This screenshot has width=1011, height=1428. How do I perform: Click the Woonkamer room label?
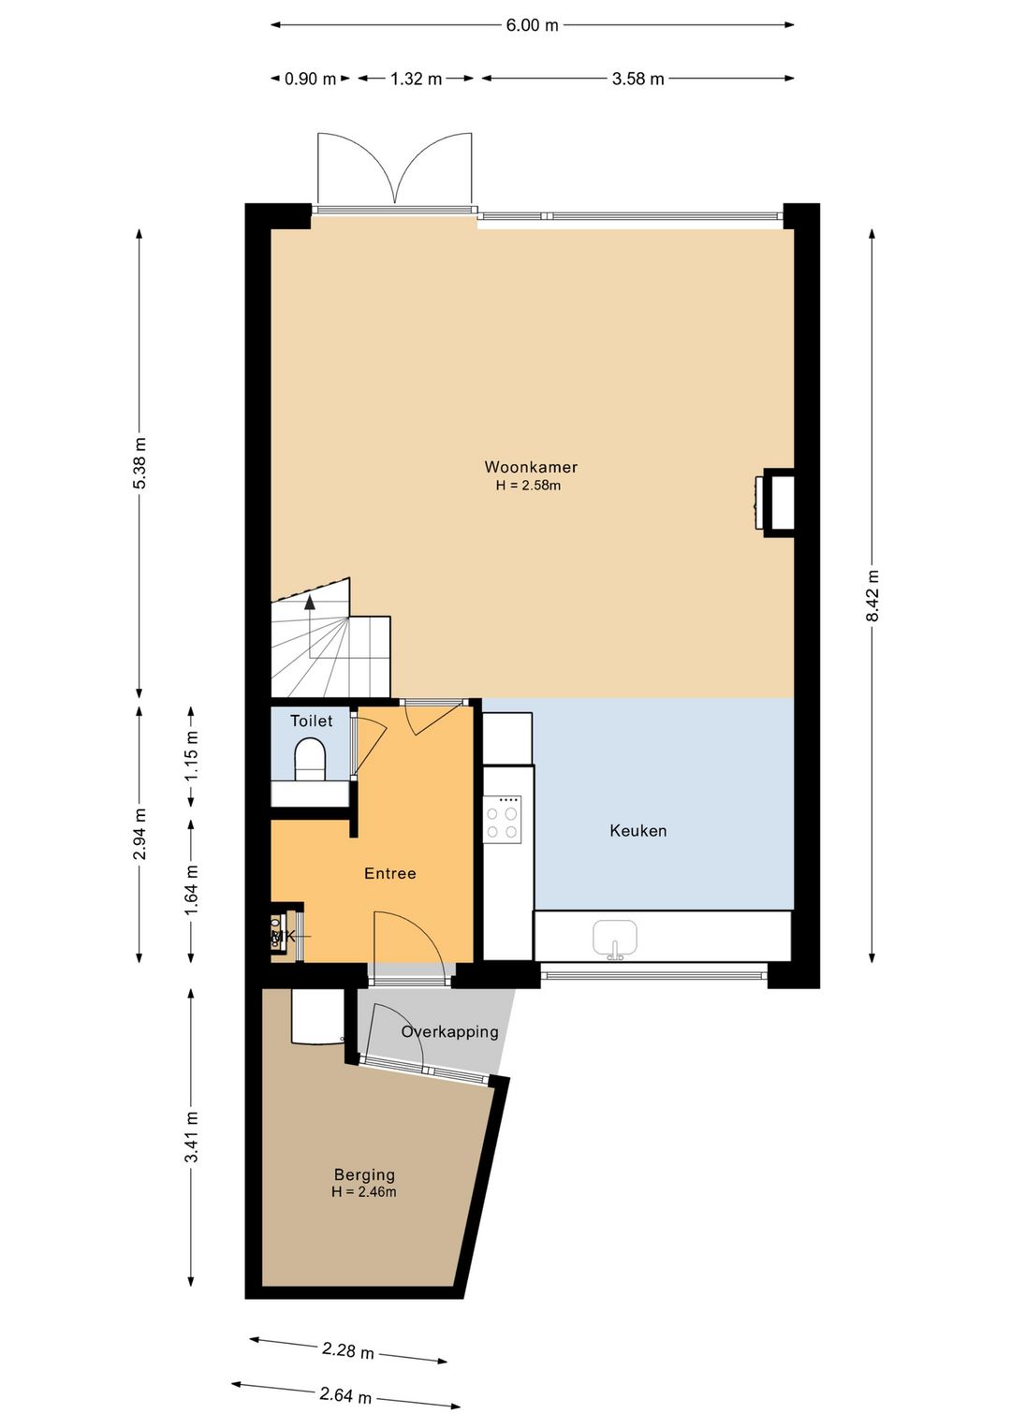point(531,467)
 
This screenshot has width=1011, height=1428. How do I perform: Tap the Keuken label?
point(637,831)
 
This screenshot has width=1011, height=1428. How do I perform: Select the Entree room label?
point(389,873)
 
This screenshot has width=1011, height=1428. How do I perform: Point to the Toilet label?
point(312,721)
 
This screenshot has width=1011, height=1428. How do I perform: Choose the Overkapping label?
point(449,1031)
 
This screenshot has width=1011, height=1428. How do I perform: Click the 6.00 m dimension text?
point(532,25)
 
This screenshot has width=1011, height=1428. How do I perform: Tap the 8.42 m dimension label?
point(872,595)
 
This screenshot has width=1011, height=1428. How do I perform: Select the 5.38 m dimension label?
point(139,463)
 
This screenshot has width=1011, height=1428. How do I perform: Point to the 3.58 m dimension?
point(637,79)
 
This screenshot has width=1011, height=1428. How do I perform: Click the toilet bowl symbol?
point(311,759)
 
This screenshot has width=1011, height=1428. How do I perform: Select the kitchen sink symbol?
point(615,940)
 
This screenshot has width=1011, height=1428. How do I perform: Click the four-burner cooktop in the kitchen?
point(502,820)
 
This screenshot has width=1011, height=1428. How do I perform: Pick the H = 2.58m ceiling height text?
point(528,486)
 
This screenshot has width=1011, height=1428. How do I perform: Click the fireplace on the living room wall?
point(774,503)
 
